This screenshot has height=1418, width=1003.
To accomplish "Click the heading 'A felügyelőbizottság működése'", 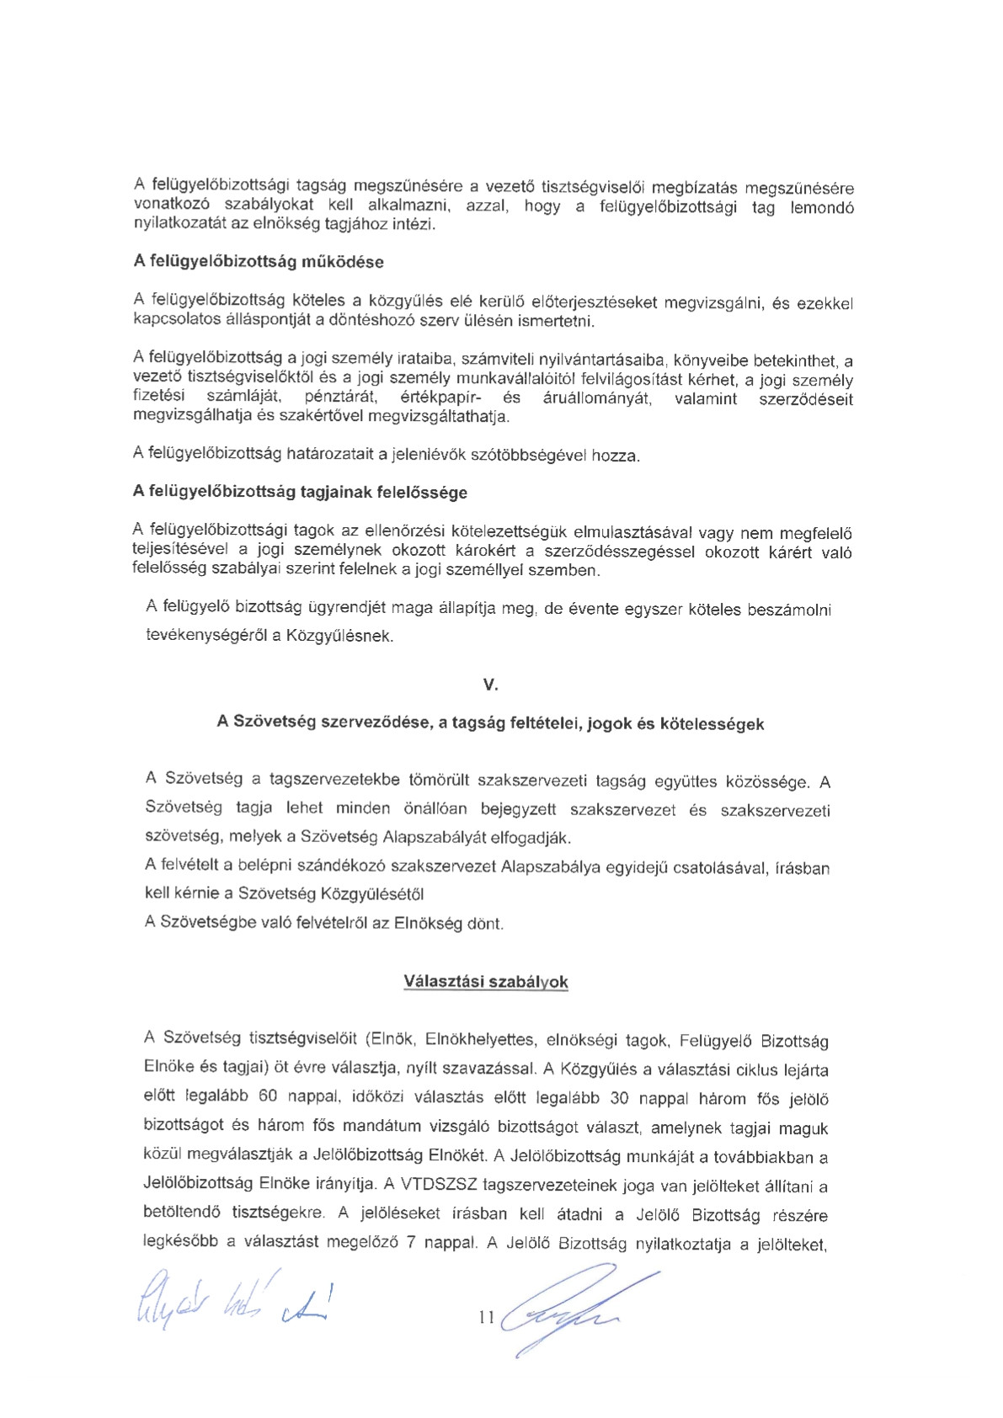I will coord(259,262).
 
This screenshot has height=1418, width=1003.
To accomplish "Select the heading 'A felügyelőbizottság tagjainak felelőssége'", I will coord(300,492).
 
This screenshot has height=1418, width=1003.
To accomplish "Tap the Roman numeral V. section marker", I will coord(490,685).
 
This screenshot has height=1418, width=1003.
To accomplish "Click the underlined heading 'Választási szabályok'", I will coord(486,982).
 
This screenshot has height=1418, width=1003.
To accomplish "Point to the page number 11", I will coord(486,1317).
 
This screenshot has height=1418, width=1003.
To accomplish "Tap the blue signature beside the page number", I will coord(573,1310).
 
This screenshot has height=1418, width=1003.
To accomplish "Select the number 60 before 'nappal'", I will coord(268,1098).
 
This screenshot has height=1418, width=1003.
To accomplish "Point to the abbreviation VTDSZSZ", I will coord(439,1186).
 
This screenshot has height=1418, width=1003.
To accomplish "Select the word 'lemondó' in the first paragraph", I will coord(822,207).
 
